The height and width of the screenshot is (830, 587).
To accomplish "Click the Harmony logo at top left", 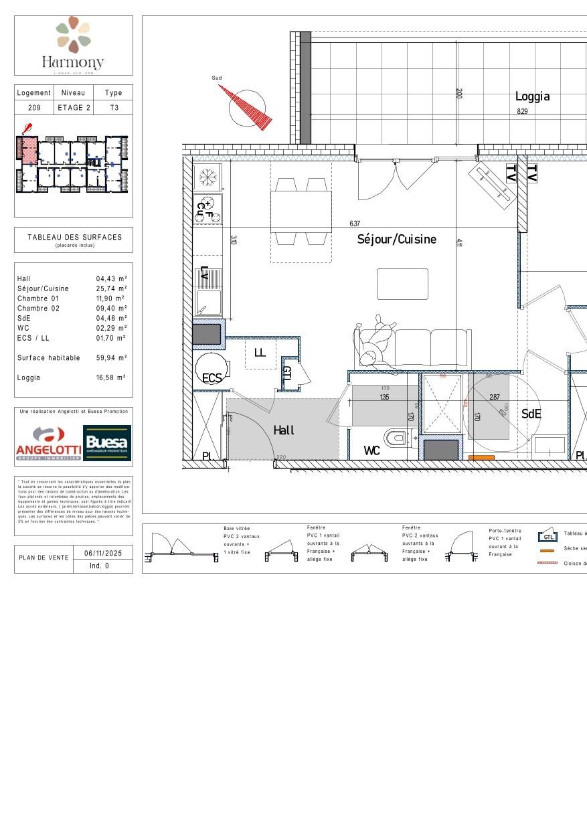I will [x=74, y=44].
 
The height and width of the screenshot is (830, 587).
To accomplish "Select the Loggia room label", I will [x=532, y=96].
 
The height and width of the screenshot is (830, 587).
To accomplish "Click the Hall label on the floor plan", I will [x=284, y=430].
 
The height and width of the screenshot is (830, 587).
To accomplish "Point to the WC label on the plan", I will [x=371, y=451].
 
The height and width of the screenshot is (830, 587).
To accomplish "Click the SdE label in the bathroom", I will [x=531, y=414].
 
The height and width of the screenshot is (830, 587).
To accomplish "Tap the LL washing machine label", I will [x=260, y=352].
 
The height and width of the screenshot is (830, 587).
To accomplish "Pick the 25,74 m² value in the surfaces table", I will [x=111, y=288].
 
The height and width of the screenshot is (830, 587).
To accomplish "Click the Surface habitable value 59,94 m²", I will [x=111, y=358].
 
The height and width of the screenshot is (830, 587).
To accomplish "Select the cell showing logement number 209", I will [x=34, y=108].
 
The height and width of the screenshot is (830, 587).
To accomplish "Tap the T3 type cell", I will [x=114, y=108].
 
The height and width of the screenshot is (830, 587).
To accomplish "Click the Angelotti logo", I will [x=48, y=444].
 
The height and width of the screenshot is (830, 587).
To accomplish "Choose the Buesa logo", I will [x=107, y=444].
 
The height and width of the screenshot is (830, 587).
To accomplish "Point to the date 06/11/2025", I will [x=100, y=554].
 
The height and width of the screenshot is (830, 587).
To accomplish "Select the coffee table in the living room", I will [x=402, y=284].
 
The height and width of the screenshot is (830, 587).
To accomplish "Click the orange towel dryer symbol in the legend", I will [x=548, y=550].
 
